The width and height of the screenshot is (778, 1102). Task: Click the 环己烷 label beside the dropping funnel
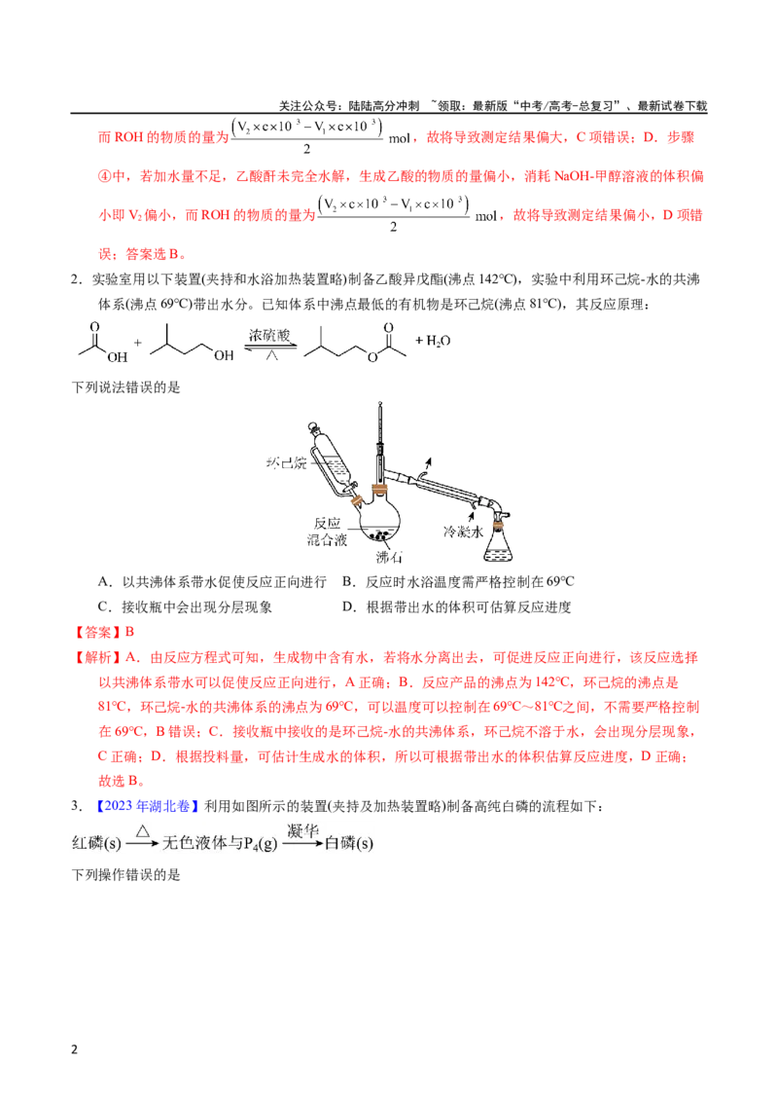tap(286, 462)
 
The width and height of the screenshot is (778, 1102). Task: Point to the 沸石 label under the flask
tap(389, 557)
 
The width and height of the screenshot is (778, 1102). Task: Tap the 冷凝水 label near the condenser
tap(463, 532)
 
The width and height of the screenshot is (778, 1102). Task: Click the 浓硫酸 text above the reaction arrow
tap(269, 335)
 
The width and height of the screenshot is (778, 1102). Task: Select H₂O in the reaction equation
tap(439, 341)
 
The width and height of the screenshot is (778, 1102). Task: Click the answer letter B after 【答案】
tap(129, 632)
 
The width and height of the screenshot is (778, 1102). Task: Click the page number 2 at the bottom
tap(75, 1049)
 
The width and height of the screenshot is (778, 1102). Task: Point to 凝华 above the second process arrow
tap(302, 830)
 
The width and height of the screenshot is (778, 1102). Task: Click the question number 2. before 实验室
tap(77, 279)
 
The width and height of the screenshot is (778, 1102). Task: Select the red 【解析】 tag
tap(97, 657)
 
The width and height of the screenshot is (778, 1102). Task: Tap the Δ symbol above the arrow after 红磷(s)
tap(143, 831)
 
